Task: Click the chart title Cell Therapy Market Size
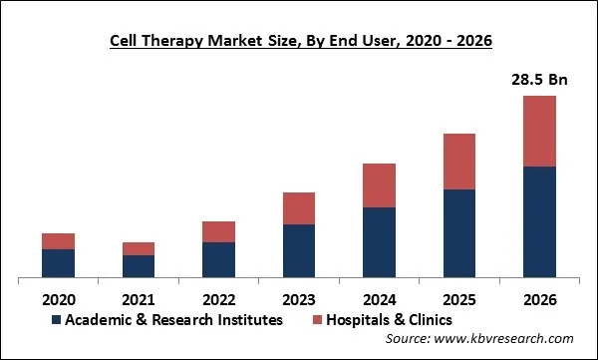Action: [298, 40]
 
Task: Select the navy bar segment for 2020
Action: [58, 263]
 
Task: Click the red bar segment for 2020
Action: [58, 241]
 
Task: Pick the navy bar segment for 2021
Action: [139, 266]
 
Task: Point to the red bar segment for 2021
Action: [139, 248]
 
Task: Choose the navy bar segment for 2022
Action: [218, 259]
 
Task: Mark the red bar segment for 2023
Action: [299, 208]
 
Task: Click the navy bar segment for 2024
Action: [379, 242]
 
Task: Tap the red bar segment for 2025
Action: [459, 162]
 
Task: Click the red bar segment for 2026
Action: [539, 131]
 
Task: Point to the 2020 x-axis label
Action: [58, 297]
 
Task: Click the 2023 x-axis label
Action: [299, 297]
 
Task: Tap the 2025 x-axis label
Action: [459, 297]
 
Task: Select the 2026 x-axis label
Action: [539, 297]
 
